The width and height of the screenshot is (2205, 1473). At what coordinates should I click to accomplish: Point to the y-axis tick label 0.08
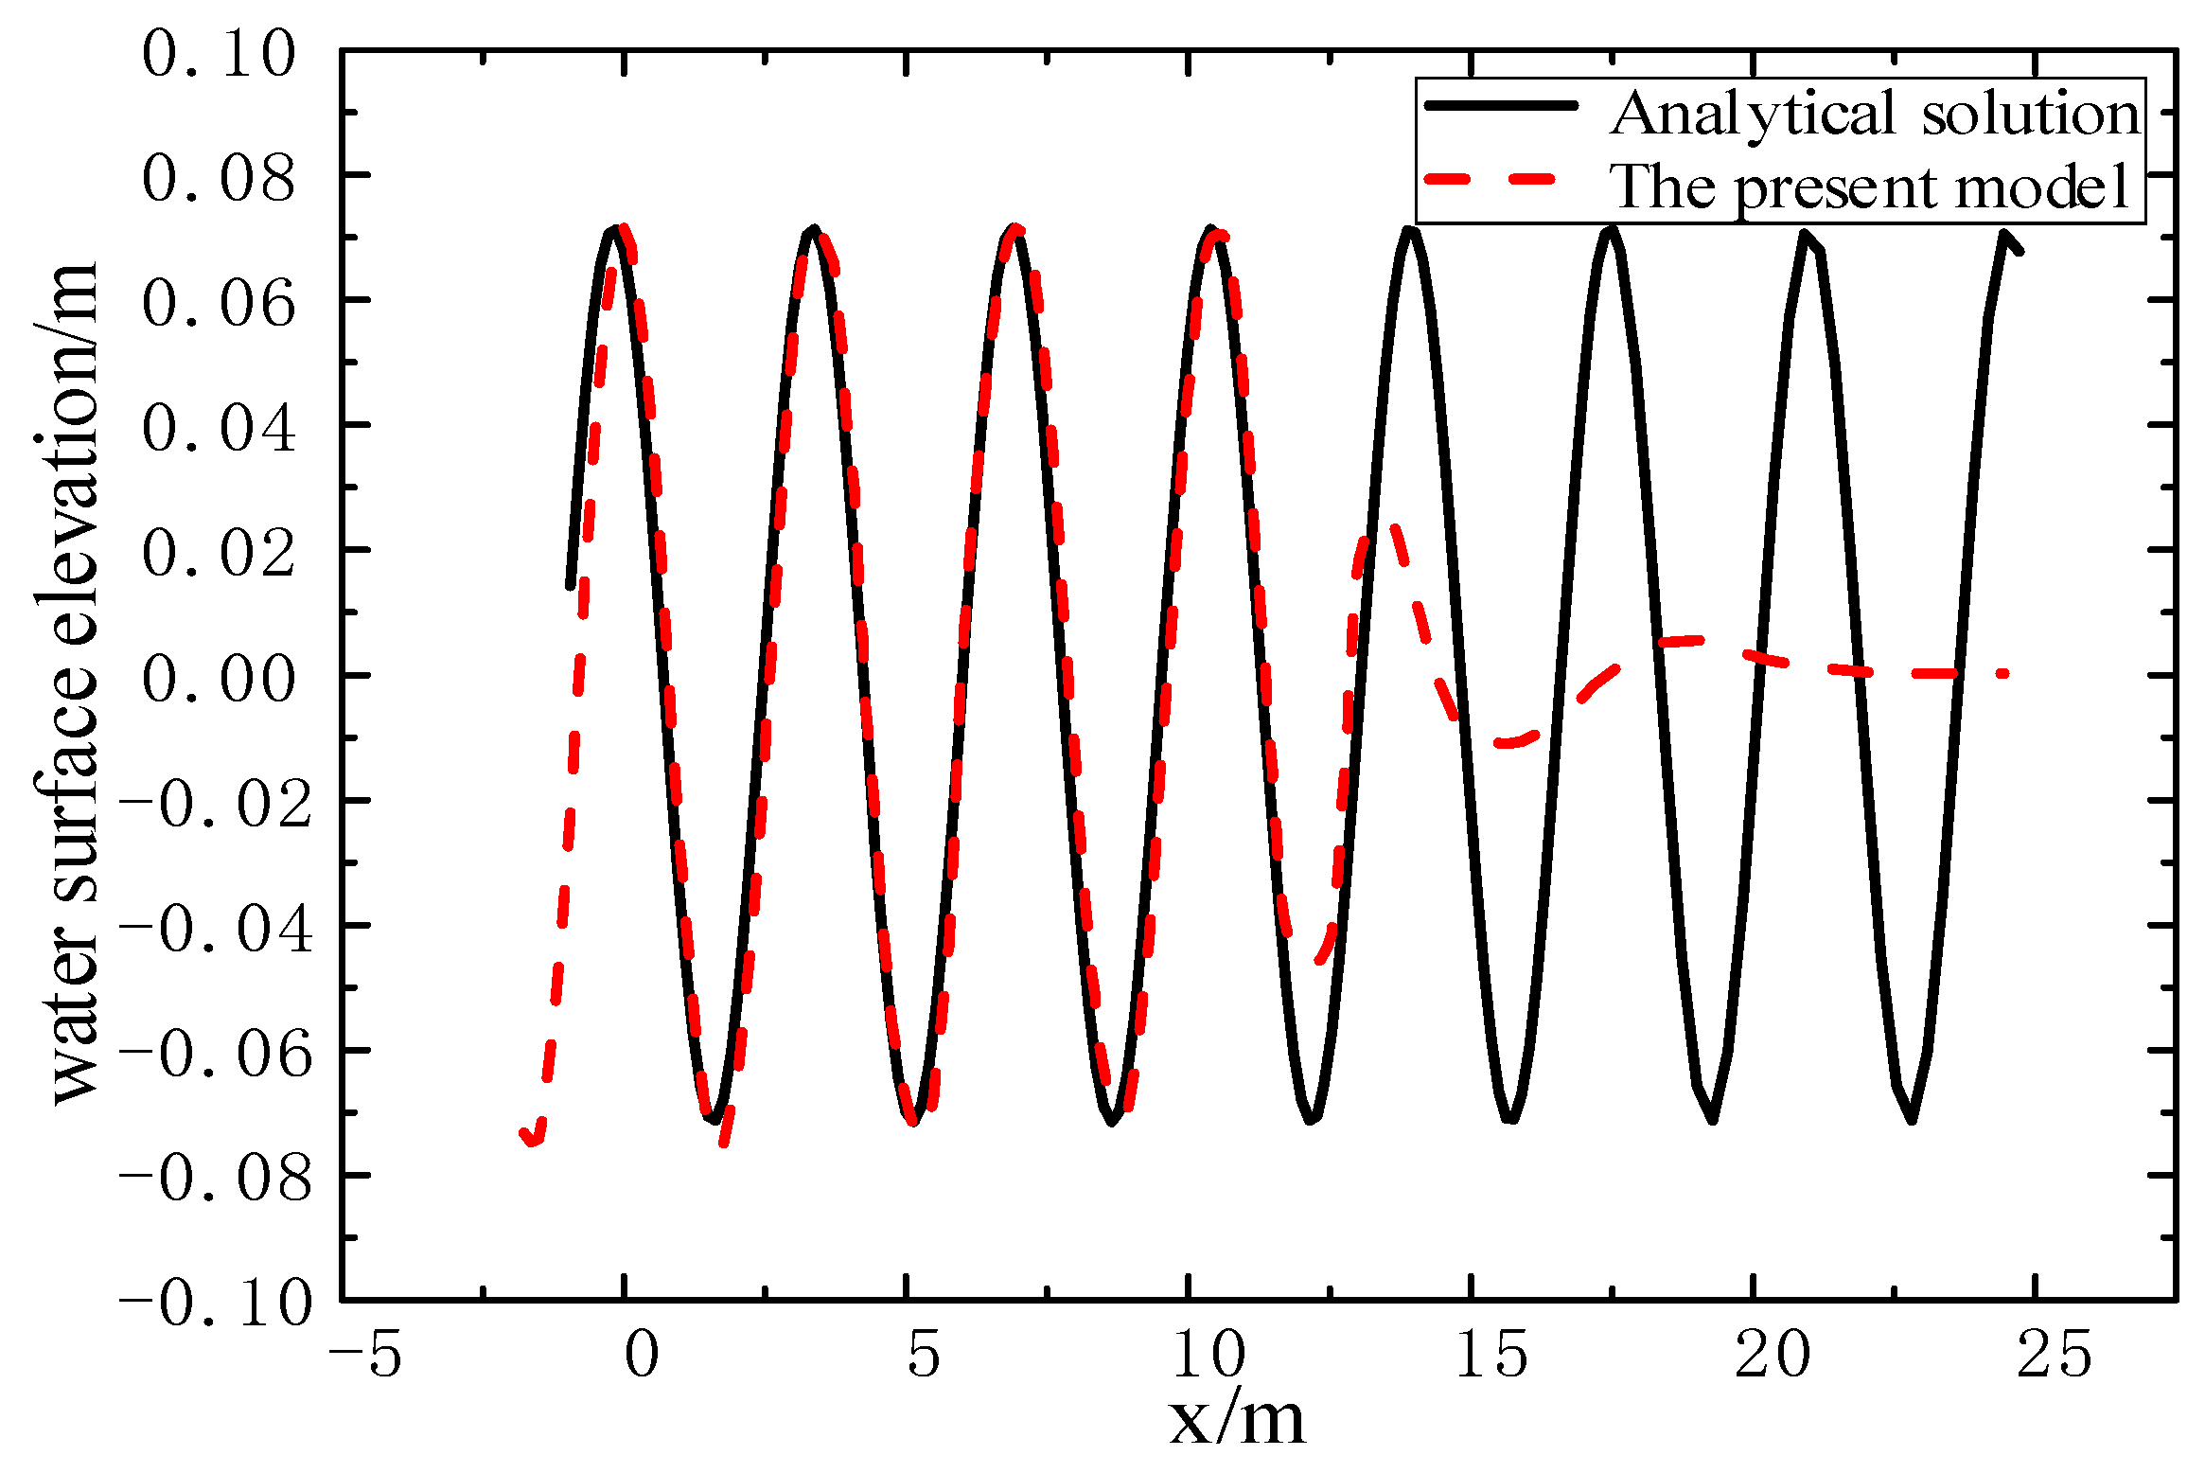pyautogui.click(x=219, y=178)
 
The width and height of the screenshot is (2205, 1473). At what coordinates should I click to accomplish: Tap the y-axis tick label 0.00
pyautogui.click(x=219, y=679)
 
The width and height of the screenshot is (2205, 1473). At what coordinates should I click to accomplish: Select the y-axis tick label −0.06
pyautogui.click(x=216, y=1054)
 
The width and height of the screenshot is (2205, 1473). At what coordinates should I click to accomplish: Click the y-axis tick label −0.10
pyautogui.click(x=216, y=1304)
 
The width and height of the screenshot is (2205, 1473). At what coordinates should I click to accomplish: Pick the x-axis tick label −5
pyautogui.click(x=365, y=1355)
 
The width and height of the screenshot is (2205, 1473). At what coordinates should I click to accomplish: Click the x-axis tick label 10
pyautogui.click(x=1208, y=1355)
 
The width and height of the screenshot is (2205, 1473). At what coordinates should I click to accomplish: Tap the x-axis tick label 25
pyautogui.click(x=2055, y=1355)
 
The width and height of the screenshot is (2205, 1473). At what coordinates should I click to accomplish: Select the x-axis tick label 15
pyautogui.click(x=1491, y=1355)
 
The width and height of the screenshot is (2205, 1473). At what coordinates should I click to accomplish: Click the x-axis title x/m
pyautogui.click(x=1237, y=1420)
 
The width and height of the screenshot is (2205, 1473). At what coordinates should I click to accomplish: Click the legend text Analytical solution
pyautogui.click(x=1875, y=114)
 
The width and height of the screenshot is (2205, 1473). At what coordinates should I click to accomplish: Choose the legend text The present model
pyautogui.click(x=1870, y=186)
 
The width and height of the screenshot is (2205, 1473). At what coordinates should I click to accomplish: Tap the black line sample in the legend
pyautogui.click(x=1501, y=106)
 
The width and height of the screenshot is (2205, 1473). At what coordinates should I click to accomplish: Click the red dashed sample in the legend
pyautogui.click(x=1491, y=179)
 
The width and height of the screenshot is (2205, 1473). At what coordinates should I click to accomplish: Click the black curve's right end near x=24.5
pyautogui.click(x=2020, y=252)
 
